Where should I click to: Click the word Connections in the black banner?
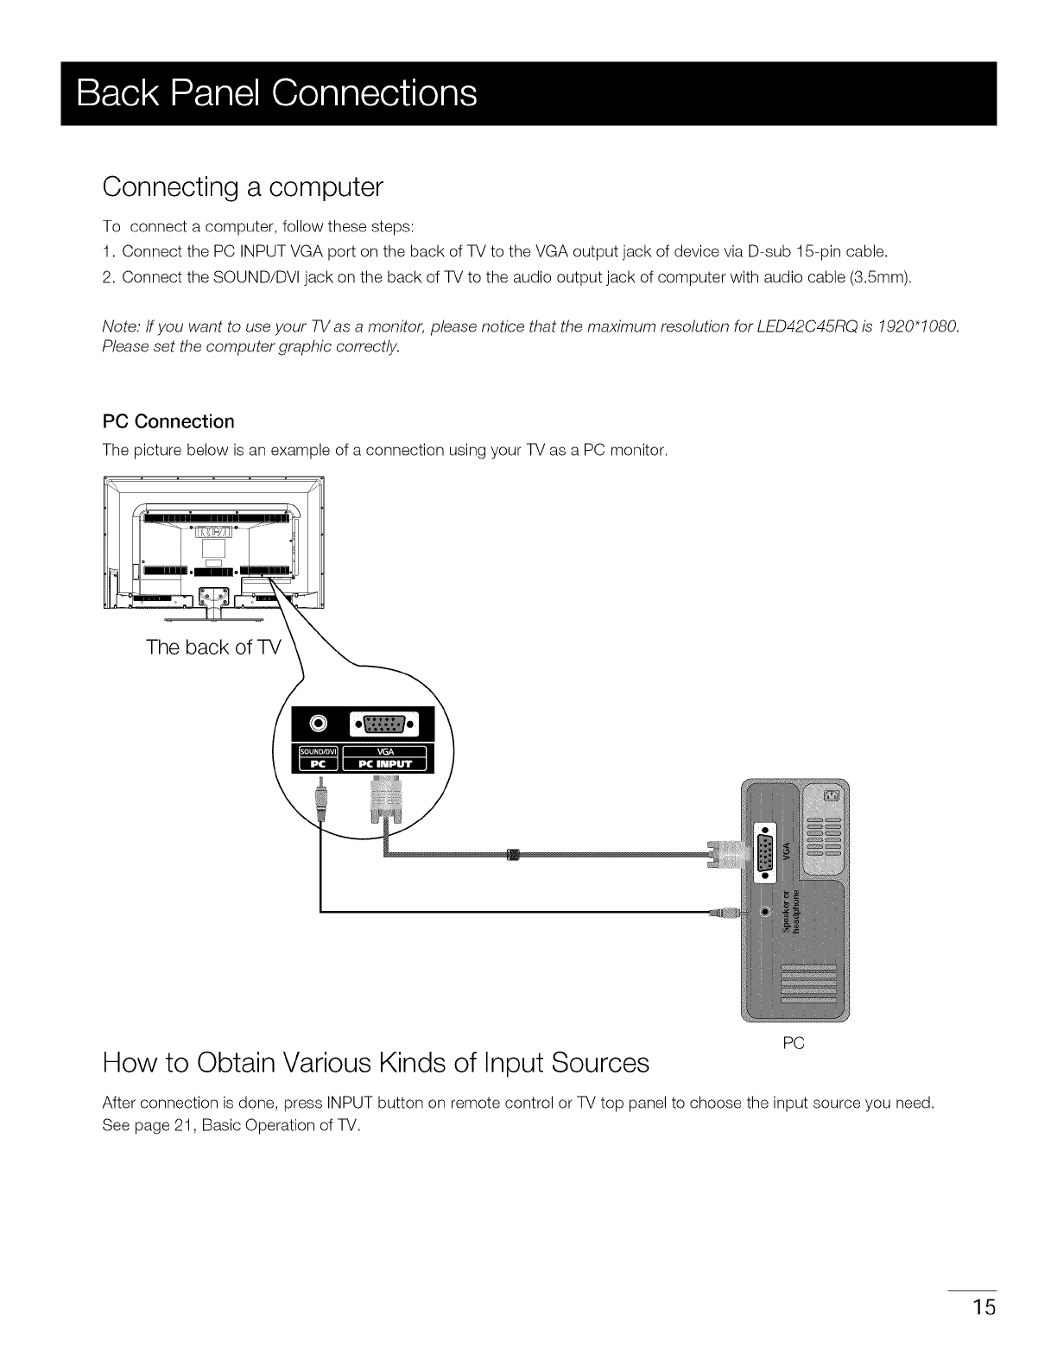pyautogui.click(x=374, y=93)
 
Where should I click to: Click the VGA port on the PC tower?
pyautogui.click(x=765, y=852)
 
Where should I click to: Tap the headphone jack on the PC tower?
pyautogui.click(x=765, y=912)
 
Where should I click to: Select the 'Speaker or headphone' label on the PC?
pyautogui.click(x=790, y=911)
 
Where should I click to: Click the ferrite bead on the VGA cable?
pyautogui.click(x=512, y=855)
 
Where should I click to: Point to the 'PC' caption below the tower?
pyautogui.click(x=793, y=1044)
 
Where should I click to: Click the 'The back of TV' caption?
pyautogui.click(x=213, y=648)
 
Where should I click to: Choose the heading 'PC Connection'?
pyautogui.click(x=168, y=421)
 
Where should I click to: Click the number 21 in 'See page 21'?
pyautogui.click(x=180, y=1126)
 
